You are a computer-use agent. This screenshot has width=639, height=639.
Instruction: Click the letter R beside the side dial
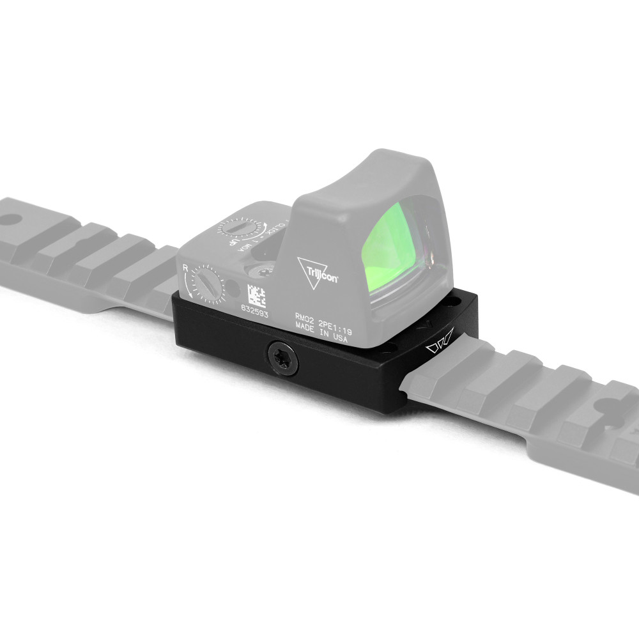pos(185,269)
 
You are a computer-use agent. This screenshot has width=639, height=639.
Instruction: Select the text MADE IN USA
pos(321,338)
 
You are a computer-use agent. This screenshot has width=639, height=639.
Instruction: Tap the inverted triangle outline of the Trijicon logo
pos(309,271)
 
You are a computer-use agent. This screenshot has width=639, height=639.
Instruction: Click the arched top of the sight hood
pos(383,157)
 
